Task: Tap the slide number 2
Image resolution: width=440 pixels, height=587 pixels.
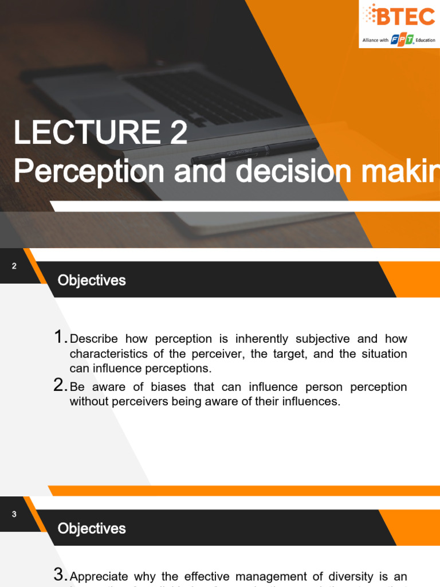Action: (14, 265)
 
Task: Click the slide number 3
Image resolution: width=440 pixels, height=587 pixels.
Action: (14, 514)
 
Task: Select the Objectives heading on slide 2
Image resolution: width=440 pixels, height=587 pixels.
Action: (92, 280)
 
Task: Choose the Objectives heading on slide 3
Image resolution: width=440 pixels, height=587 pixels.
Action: (92, 528)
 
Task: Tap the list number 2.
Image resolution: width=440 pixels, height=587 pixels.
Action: (60, 385)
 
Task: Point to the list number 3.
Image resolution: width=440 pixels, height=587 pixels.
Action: (60, 574)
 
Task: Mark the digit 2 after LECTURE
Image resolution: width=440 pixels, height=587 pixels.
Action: (178, 133)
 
